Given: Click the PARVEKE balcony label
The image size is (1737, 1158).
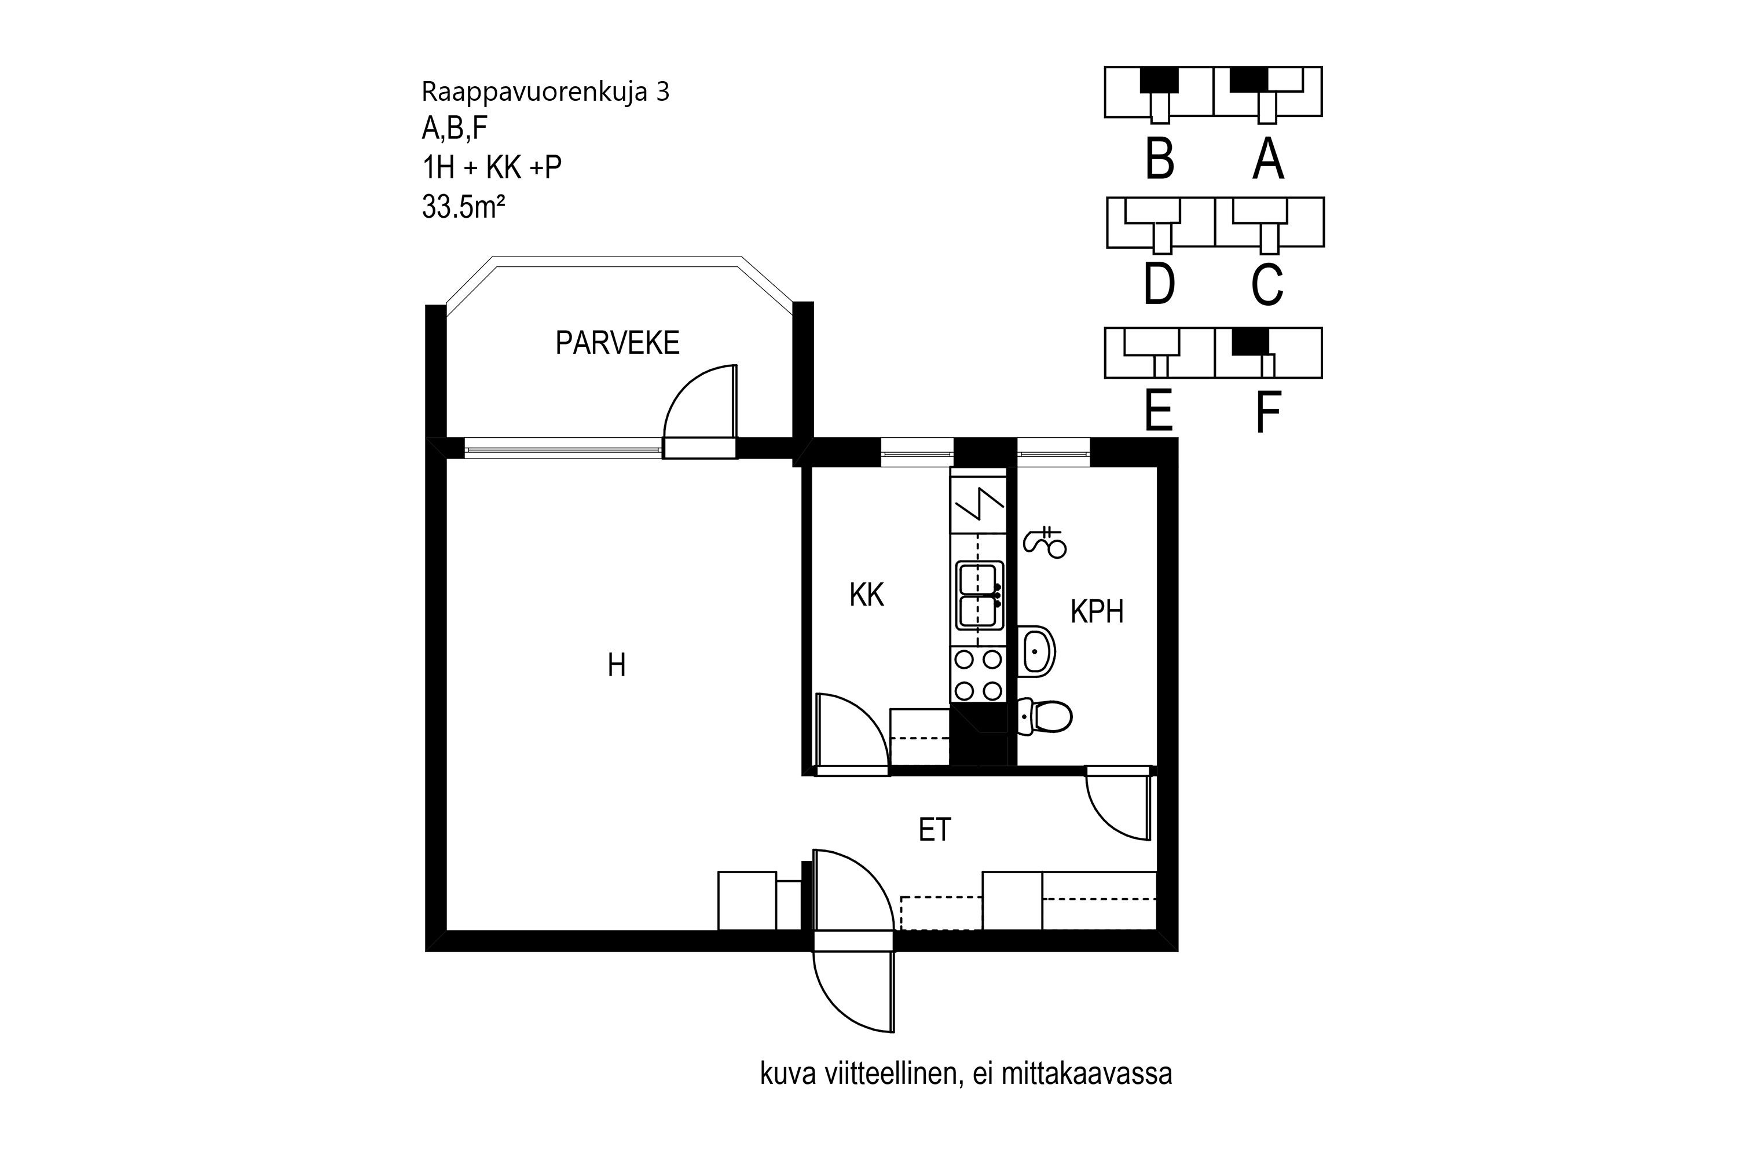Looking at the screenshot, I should pos(617,343).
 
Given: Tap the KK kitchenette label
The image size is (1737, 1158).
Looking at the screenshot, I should pos(866,595).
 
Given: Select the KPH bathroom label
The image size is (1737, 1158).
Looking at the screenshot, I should pos(1097,612).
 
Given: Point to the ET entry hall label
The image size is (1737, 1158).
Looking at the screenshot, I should pos(935,830).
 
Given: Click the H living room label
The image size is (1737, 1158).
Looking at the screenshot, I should pos(616,665).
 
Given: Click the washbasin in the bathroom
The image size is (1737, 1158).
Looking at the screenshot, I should pos(1037,651).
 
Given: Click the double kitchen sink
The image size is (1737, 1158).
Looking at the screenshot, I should pos(979,595).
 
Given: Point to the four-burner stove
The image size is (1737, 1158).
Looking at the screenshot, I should pos(979,675).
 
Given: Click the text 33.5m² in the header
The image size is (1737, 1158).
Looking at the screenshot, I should pos(463,207).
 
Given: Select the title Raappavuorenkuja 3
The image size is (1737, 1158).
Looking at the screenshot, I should pos(545,91).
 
